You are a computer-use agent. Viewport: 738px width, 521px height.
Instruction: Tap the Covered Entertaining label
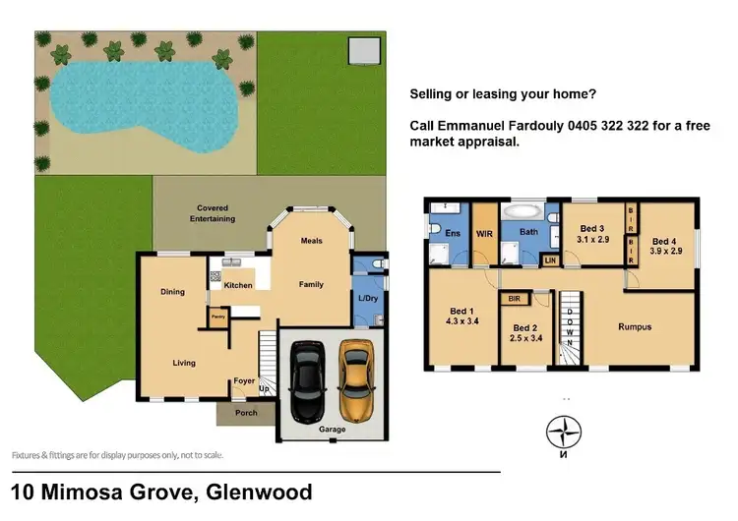coord(215,213)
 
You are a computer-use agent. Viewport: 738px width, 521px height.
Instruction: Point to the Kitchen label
coord(238,285)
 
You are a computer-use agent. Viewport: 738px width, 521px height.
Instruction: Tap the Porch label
coord(246,413)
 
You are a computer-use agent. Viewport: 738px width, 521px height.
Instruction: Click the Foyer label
coord(244,381)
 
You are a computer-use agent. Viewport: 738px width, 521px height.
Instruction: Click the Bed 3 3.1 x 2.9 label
coord(593,233)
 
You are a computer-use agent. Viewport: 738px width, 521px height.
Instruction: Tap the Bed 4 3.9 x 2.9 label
coord(664,245)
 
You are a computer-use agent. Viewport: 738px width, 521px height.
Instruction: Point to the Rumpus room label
coord(635,326)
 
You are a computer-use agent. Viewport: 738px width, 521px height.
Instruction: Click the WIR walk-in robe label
coord(484,235)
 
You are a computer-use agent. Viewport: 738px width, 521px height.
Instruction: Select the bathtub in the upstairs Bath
coord(523,212)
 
